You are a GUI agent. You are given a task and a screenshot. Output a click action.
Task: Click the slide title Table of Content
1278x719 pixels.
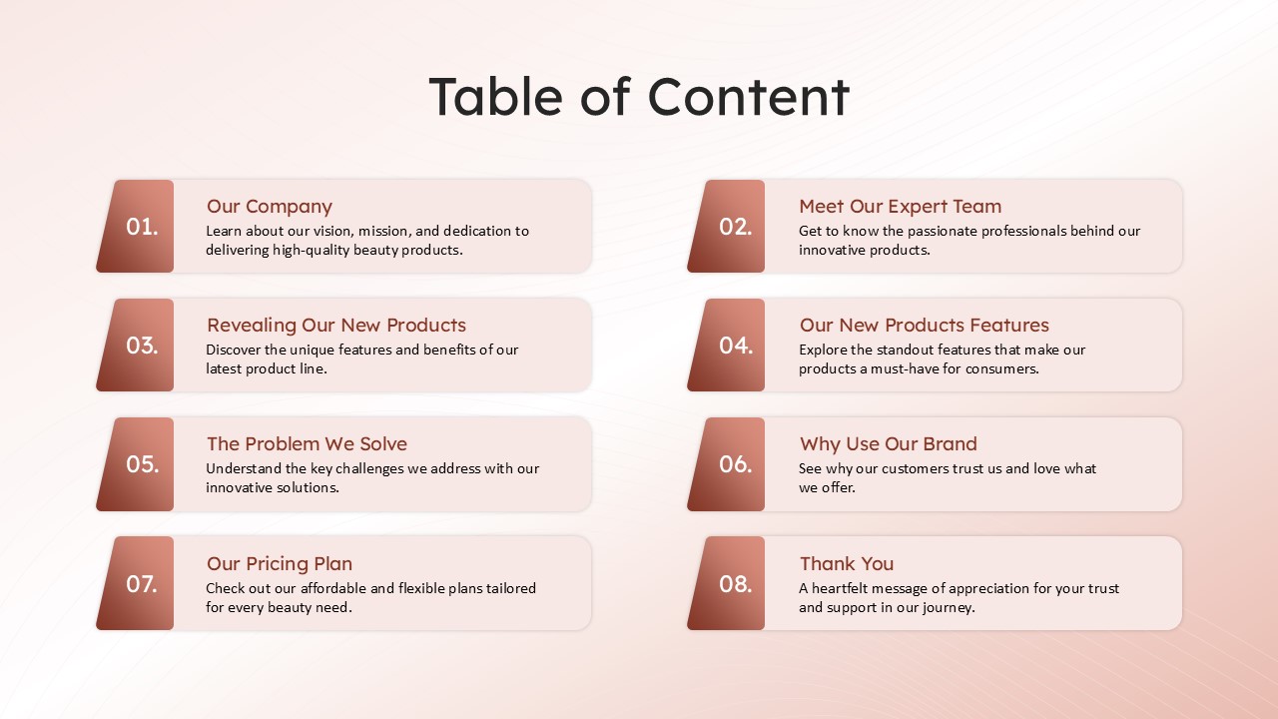pyautogui.click(x=639, y=97)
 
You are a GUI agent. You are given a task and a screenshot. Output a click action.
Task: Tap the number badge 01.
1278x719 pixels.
pyautogui.click(x=135, y=226)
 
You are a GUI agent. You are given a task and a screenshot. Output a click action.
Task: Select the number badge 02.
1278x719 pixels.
pyautogui.click(x=726, y=226)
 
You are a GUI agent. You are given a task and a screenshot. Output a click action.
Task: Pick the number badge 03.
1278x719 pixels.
pyautogui.click(x=135, y=345)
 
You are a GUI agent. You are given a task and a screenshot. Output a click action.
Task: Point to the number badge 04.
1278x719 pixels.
pyautogui.click(x=726, y=345)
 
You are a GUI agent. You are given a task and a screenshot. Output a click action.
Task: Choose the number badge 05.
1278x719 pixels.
pyautogui.click(x=135, y=464)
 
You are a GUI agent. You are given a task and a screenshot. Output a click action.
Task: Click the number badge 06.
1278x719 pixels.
pyautogui.click(x=726, y=464)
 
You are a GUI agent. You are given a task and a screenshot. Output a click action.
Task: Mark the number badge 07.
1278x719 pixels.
pyautogui.click(x=135, y=583)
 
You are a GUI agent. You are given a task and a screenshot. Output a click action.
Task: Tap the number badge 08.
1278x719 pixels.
pyautogui.click(x=726, y=583)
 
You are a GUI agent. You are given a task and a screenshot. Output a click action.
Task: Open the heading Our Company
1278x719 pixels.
pyautogui.click(x=270, y=207)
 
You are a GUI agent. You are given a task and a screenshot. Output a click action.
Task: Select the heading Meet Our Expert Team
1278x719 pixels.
pyautogui.click(x=901, y=206)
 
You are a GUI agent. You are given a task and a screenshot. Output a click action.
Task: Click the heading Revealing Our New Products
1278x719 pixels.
pyautogui.click(x=336, y=325)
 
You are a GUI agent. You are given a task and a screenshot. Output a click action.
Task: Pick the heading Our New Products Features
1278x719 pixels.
pyautogui.click(x=925, y=325)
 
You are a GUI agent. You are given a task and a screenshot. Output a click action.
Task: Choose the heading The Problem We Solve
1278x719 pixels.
pyautogui.click(x=307, y=443)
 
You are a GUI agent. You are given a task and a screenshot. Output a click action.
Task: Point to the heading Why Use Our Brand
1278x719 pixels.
pyautogui.click(x=889, y=443)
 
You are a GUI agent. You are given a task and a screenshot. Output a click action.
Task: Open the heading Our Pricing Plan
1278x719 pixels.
pyautogui.click(x=280, y=564)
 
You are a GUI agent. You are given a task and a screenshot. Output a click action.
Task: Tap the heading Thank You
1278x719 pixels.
pyautogui.click(x=847, y=563)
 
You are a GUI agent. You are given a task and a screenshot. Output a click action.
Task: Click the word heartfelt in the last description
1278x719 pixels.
pyautogui.click(x=840, y=588)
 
